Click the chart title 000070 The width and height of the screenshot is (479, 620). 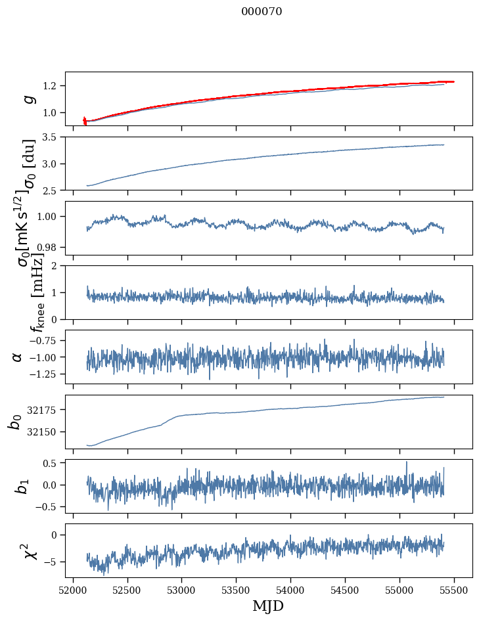point(262,12)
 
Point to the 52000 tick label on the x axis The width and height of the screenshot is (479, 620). point(73,589)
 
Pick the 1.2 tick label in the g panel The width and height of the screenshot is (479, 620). point(50,86)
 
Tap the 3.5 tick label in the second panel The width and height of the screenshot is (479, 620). point(50,137)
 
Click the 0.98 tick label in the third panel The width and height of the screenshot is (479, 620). point(47,247)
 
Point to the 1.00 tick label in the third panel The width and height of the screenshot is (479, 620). point(47,217)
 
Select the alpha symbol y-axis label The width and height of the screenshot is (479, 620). point(18,357)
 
